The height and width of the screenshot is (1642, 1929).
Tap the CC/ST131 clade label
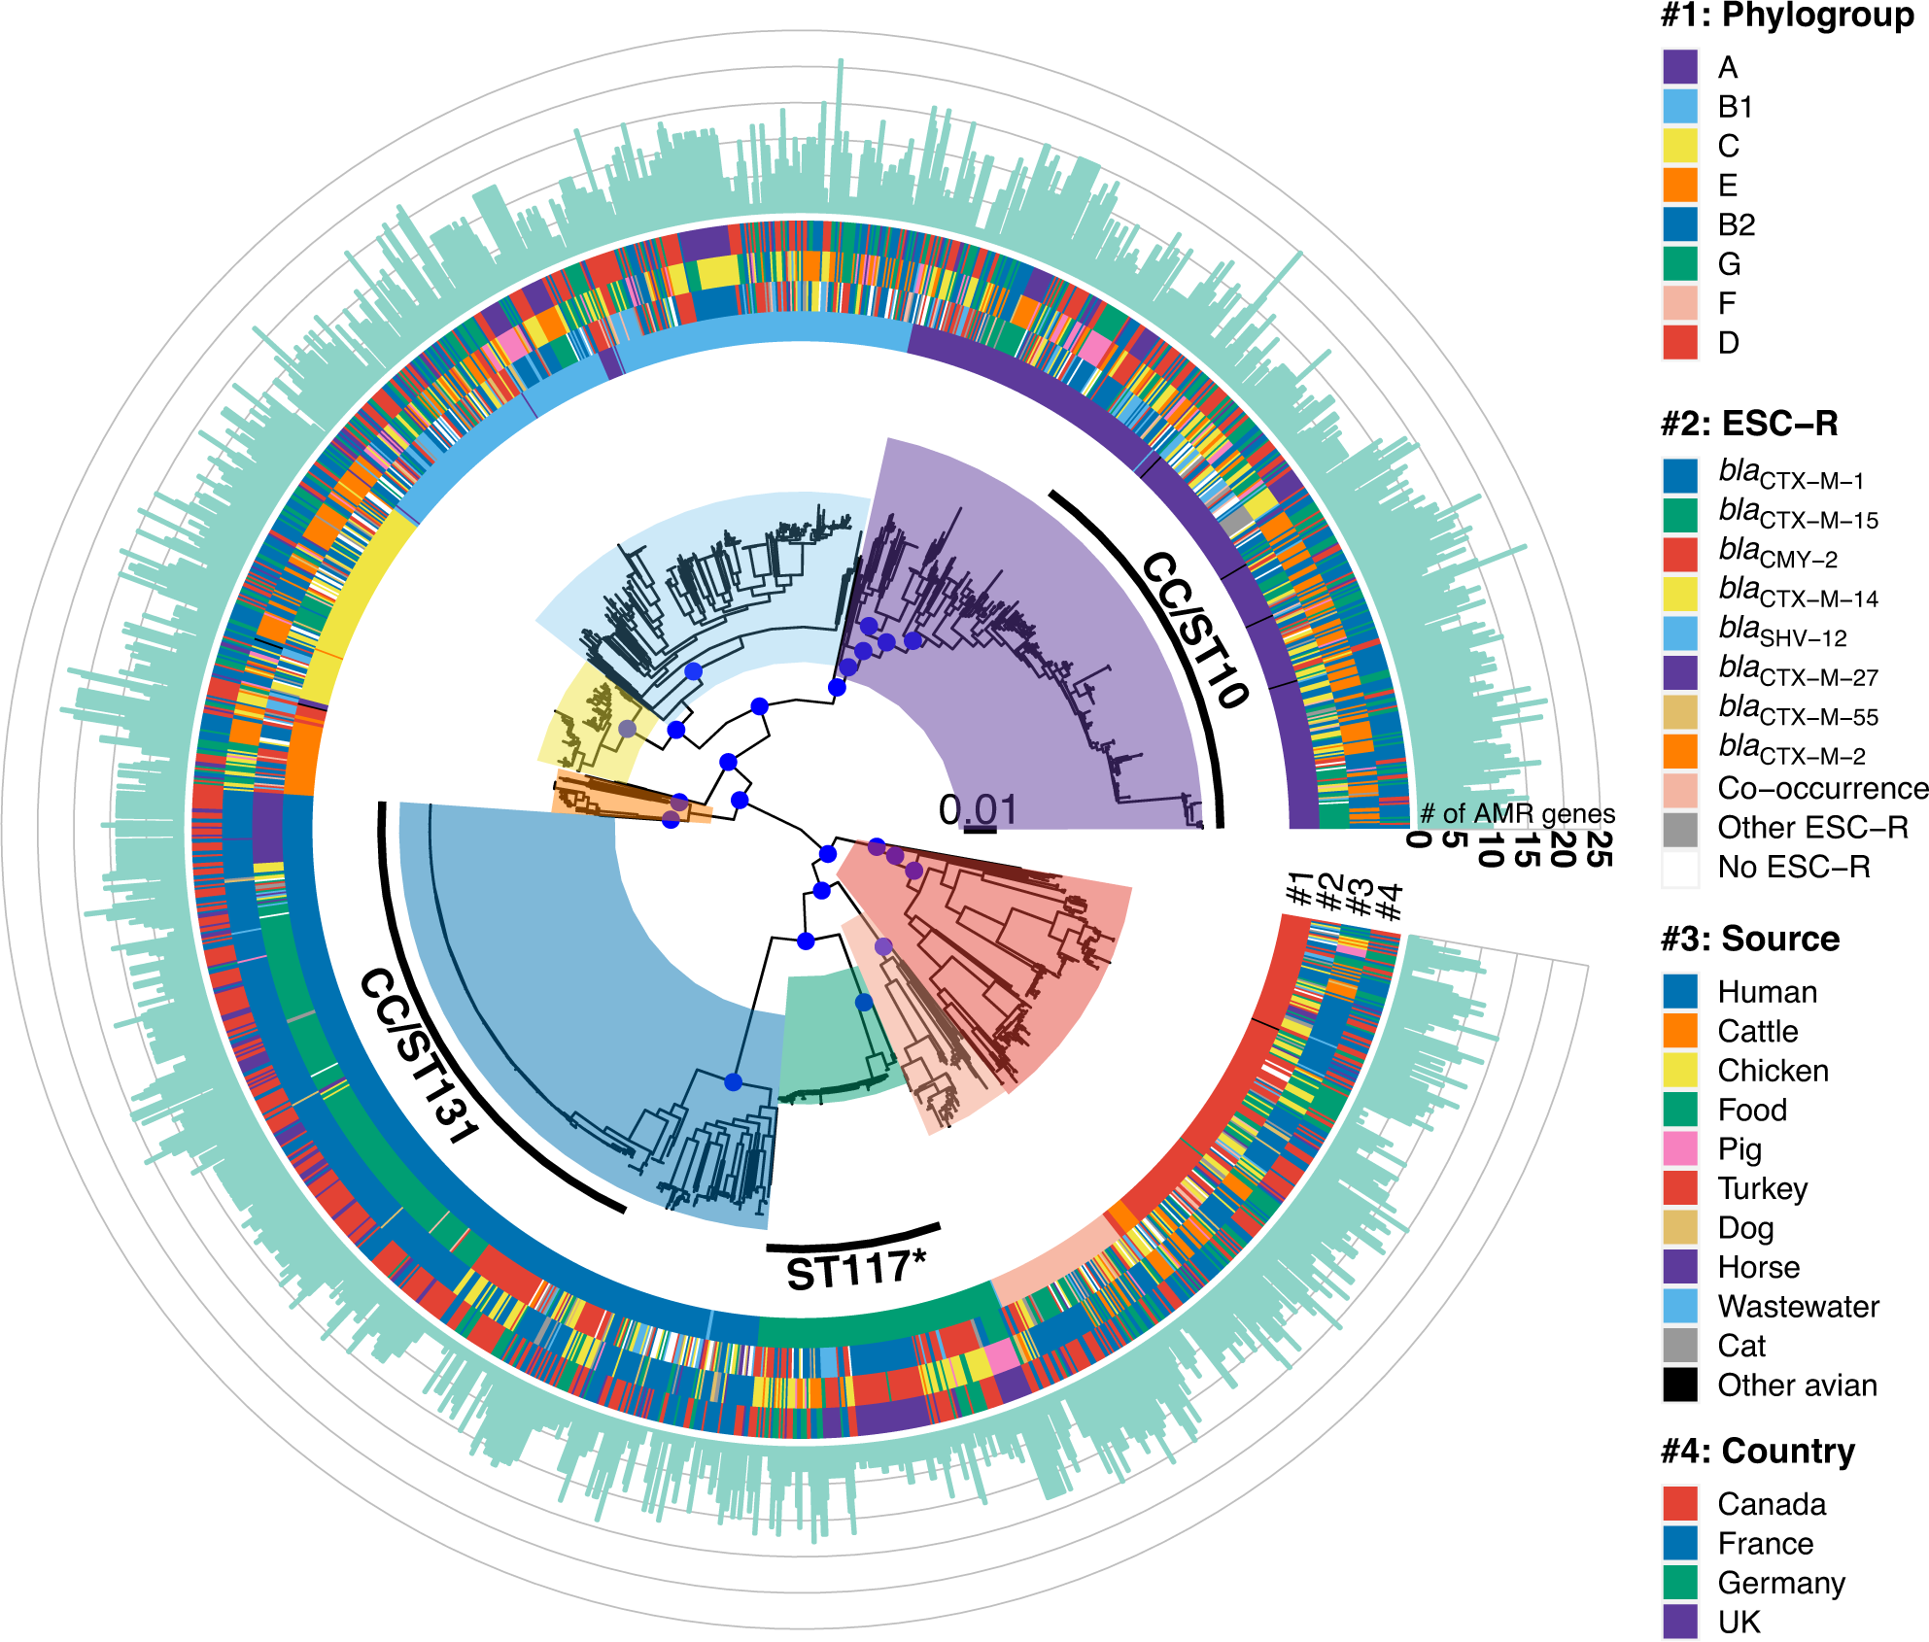pos(418,1056)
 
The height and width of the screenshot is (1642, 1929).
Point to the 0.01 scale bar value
pos(978,810)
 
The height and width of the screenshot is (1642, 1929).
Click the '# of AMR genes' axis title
pos(1517,814)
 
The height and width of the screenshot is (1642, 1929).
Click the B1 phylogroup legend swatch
pos(1680,107)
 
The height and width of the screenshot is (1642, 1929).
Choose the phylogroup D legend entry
pos(1728,343)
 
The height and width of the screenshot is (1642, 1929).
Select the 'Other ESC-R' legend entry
pos(1812,828)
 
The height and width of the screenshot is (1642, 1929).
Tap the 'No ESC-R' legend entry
pos(1793,867)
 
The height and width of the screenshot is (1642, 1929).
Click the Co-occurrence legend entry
pos(1822,788)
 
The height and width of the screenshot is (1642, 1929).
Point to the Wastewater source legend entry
pos(1798,1307)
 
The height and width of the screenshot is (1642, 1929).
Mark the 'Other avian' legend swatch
pos(1680,1385)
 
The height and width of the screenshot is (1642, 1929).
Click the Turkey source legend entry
pos(1762,1189)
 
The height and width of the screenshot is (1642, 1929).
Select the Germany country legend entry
pos(1780,1583)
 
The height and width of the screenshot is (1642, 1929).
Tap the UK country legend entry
pos(1739,1622)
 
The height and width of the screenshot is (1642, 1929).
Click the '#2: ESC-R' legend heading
pos(1749,425)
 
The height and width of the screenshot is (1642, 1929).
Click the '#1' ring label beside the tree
pos(1299,888)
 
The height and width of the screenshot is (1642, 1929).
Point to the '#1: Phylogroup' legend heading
pos(1786,17)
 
